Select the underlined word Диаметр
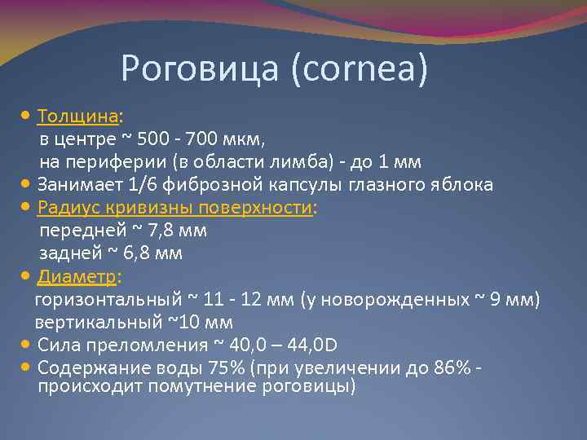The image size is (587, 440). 77,277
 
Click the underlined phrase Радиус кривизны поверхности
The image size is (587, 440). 175,208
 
